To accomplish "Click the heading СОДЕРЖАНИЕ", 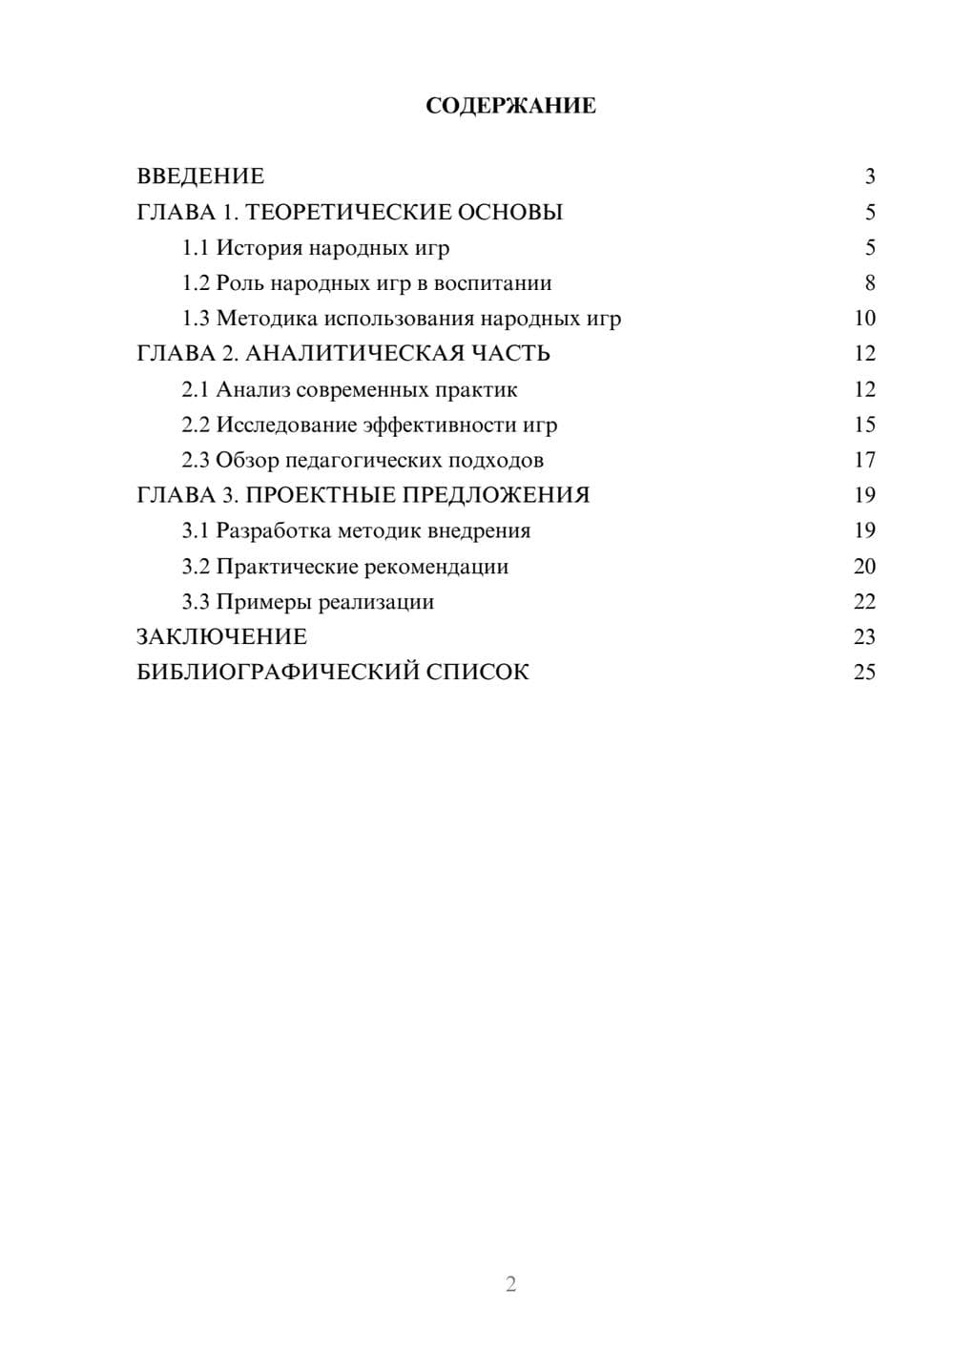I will [x=510, y=106].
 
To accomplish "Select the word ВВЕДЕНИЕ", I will [x=200, y=176].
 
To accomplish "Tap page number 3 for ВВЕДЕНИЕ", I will [x=869, y=176].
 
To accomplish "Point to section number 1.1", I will [x=196, y=248].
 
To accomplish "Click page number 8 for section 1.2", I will [x=869, y=283].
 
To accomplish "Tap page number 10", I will [x=864, y=319].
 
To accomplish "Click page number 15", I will [x=864, y=425].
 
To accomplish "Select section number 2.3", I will [x=196, y=460].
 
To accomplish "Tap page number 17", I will [x=864, y=460].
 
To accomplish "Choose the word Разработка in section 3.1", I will [x=274, y=530].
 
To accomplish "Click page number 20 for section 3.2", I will [x=864, y=566].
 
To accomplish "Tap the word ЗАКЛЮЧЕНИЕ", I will [x=222, y=636].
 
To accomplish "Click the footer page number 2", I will [x=510, y=1283].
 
